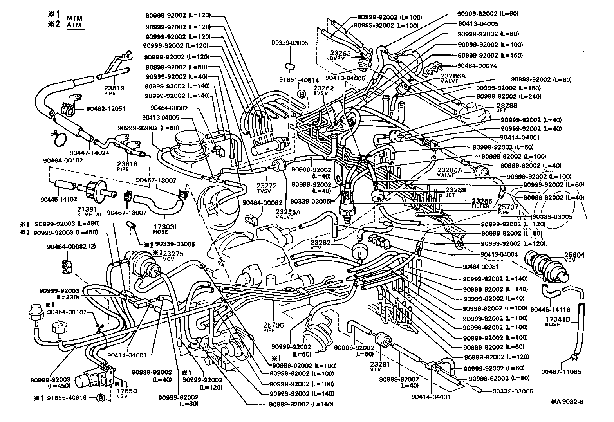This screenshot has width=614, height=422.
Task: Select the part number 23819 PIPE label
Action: click(x=115, y=90)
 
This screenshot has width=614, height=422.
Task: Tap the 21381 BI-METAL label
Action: click(x=90, y=211)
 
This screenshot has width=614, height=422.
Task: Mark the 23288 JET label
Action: click(x=507, y=108)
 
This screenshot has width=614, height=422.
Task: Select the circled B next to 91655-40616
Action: click(x=101, y=399)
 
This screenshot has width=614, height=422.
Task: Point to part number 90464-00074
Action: click(x=477, y=66)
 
